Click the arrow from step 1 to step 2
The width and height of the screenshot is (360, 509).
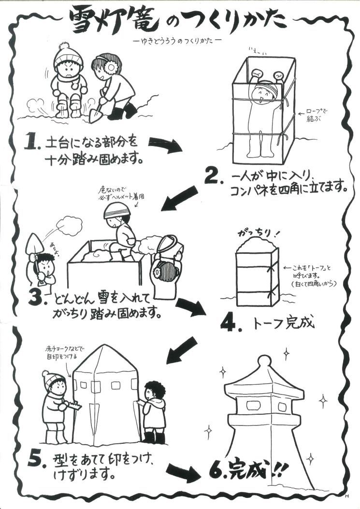pyautogui.click(x=165, y=144)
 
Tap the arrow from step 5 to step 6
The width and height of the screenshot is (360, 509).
pyautogui.click(x=186, y=471)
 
